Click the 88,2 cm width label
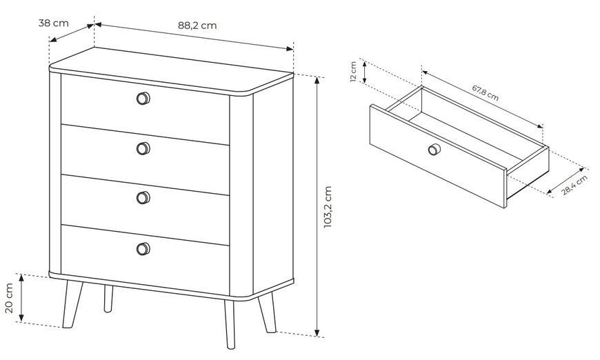[197, 26]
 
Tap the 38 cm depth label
[54, 23]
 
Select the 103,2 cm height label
[328, 207]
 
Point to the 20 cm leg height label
[9, 298]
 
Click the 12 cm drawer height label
[353, 72]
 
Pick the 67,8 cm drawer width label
[486, 93]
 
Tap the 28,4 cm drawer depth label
[574, 186]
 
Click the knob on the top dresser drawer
[143, 99]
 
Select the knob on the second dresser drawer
[143, 148]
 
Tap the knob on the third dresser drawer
[143, 198]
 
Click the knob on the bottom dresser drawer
[143, 249]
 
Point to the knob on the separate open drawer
[434, 149]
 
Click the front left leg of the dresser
[72, 305]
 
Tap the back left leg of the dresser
[108, 299]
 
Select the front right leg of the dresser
[230, 324]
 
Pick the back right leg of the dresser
[268, 313]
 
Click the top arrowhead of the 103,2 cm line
[317, 80]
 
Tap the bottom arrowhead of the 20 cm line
[21, 317]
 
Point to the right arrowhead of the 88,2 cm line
[290, 48]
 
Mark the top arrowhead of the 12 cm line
[365, 64]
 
